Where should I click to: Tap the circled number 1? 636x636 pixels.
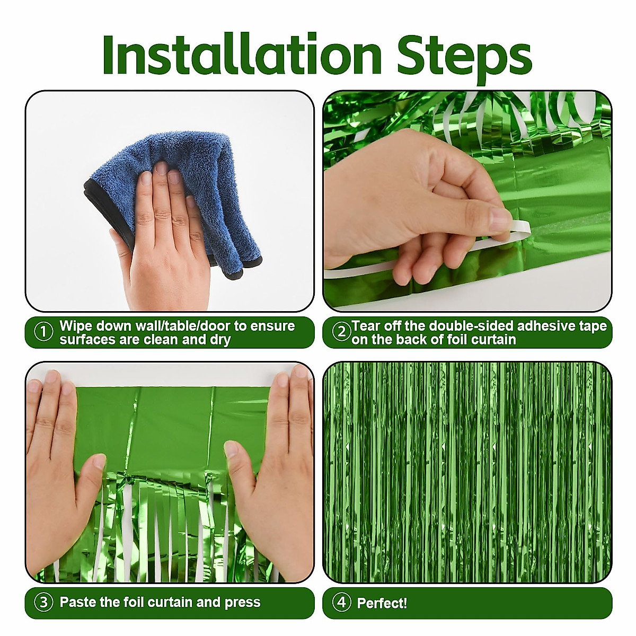coord(43,332)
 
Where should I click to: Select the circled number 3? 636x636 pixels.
coord(43,603)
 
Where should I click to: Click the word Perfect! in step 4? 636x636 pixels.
coord(382,603)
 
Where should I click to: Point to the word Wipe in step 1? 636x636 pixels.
coord(76,325)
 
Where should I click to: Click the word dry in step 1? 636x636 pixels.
coord(219,340)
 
